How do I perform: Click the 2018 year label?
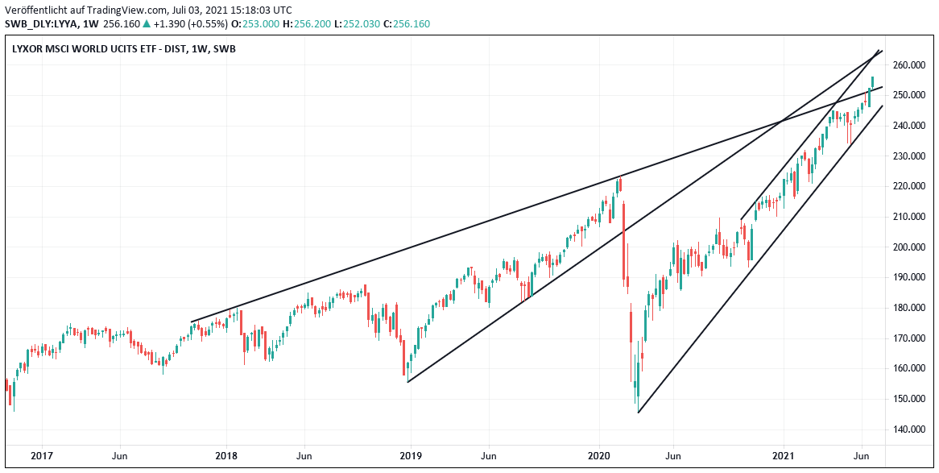coord(227,455)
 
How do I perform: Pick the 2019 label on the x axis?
coord(411,455)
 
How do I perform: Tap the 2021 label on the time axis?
coord(784,455)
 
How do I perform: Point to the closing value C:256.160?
coord(407,24)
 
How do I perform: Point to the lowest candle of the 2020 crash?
coord(635,391)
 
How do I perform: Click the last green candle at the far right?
coord(872,83)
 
